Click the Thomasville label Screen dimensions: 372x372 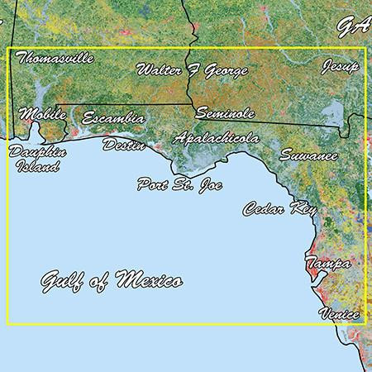pyautogui.click(x=55, y=59)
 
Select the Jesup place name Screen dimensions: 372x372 pyautogui.click(x=341, y=65)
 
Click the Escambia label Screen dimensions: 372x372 pyautogui.click(x=113, y=119)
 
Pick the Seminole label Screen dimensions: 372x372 pyautogui.click(x=224, y=112)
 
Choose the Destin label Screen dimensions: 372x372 pyautogui.click(x=123, y=145)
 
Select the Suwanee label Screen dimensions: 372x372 pyautogui.click(x=308, y=155)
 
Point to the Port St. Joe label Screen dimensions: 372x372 pyautogui.click(x=176, y=184)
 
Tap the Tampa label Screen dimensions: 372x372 pyautogui.click(x=327, y=263)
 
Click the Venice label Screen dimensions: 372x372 pyautogui.click(x=339, y=314)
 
